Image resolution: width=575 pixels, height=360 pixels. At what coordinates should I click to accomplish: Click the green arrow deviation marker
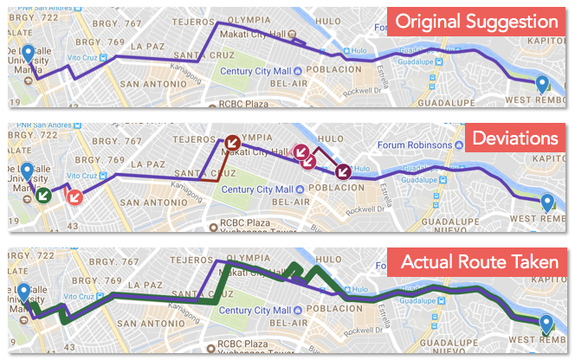point(42,195)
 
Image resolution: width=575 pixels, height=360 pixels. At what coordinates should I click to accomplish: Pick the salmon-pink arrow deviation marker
point(74,196)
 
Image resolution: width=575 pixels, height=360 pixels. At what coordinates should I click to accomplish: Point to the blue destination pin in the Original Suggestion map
point(542,83)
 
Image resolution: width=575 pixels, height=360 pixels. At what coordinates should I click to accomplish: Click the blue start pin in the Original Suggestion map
point(29,55)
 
